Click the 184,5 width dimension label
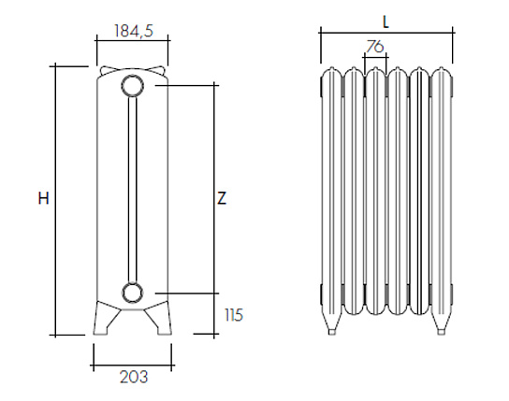[x=134, y=31]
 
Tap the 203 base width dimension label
[x=134, y=377]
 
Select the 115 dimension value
[x=234, y=315]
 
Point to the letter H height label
[x=43, y=198]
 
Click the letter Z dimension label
[x=222, y=198]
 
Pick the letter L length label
[x=385, y=22]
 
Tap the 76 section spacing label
[x=375, y=47]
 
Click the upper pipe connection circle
[x=133, y=86]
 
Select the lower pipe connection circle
[x=132, y=293]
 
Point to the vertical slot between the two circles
[x=133, y=190]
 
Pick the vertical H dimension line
[x=55, y=200]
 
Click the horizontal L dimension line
[x=386, y=33]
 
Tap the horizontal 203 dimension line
[x=133, y=366]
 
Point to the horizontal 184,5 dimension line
[x=133, y=40]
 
